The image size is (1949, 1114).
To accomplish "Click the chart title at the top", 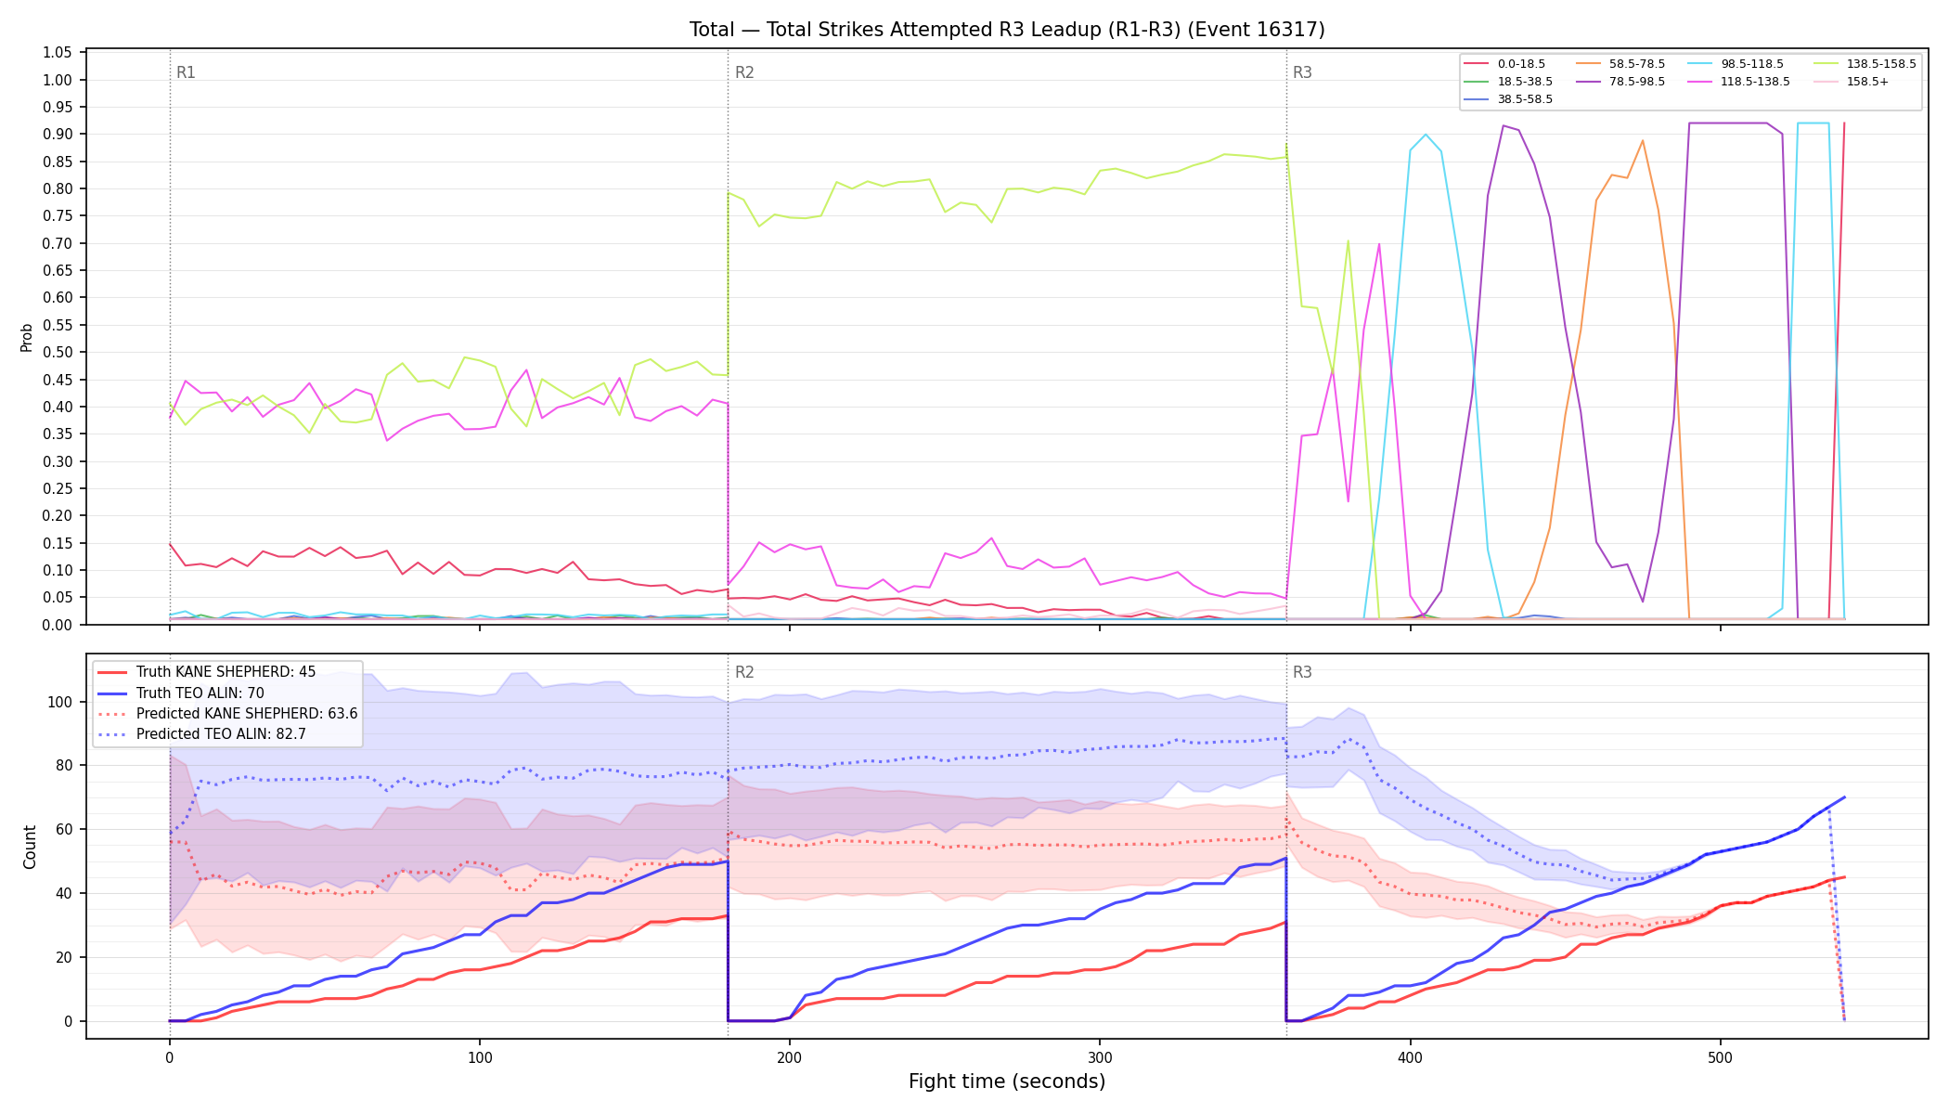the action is [x=1007, y=30].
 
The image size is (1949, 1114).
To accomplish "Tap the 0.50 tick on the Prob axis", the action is [x=58, y=353].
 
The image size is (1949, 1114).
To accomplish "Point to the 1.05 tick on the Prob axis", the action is [x=58, y=53].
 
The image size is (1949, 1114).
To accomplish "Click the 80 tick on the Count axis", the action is [x=64, y=766].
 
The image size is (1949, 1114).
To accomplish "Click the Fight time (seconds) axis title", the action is [x=1007, y=1082].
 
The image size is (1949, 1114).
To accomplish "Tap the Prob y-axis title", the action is [x=27, y=337].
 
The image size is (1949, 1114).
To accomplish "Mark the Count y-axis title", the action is [x=30, y=847].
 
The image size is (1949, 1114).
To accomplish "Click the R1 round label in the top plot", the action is [x=186, y=72].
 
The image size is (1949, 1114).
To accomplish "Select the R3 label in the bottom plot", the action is [x=1302, y=672].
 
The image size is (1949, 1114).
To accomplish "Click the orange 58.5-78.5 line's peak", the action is [x=1643, y=140].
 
